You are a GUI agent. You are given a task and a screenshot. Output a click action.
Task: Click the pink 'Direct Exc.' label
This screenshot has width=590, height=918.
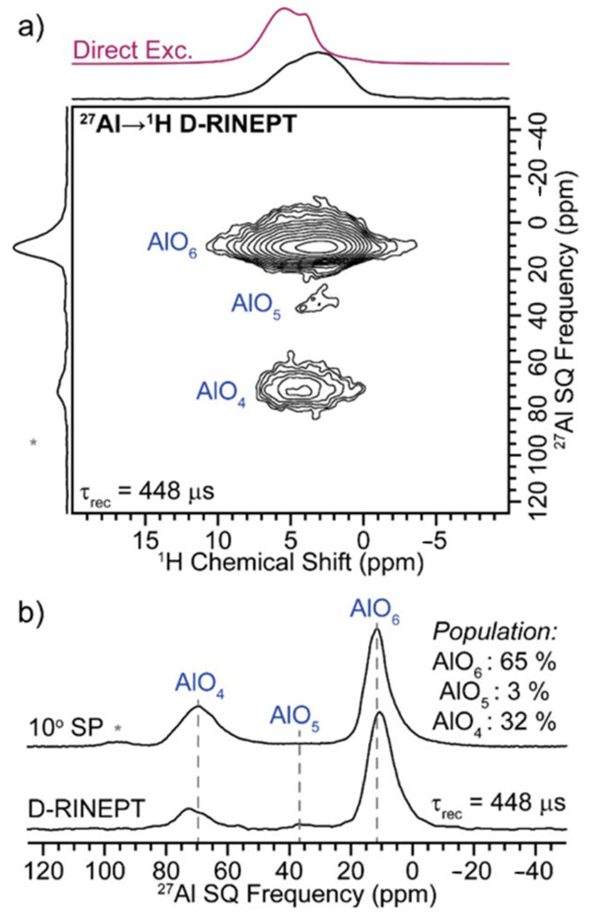[132, 50]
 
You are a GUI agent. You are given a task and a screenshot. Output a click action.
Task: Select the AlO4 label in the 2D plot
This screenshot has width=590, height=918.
[221, 392]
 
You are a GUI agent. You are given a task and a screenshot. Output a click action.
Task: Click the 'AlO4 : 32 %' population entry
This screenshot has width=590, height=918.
[494, 722]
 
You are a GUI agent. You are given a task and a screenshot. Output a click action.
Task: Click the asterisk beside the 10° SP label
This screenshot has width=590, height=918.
[118, 727]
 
